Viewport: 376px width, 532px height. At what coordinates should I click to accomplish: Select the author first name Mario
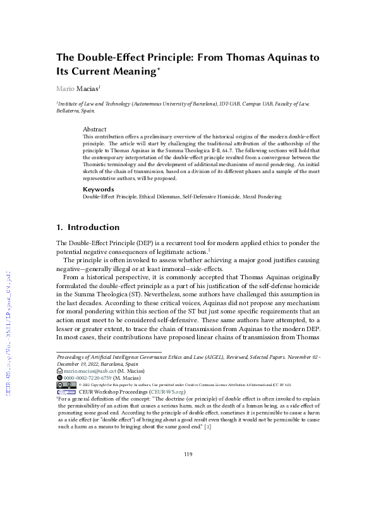coord(65,89)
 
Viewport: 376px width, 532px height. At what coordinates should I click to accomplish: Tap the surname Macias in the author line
coord(88,89)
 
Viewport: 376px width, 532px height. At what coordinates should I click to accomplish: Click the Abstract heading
coord(95,128)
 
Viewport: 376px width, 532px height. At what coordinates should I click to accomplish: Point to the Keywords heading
coord(99,189)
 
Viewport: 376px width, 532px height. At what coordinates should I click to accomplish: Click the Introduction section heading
coord(93,227)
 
